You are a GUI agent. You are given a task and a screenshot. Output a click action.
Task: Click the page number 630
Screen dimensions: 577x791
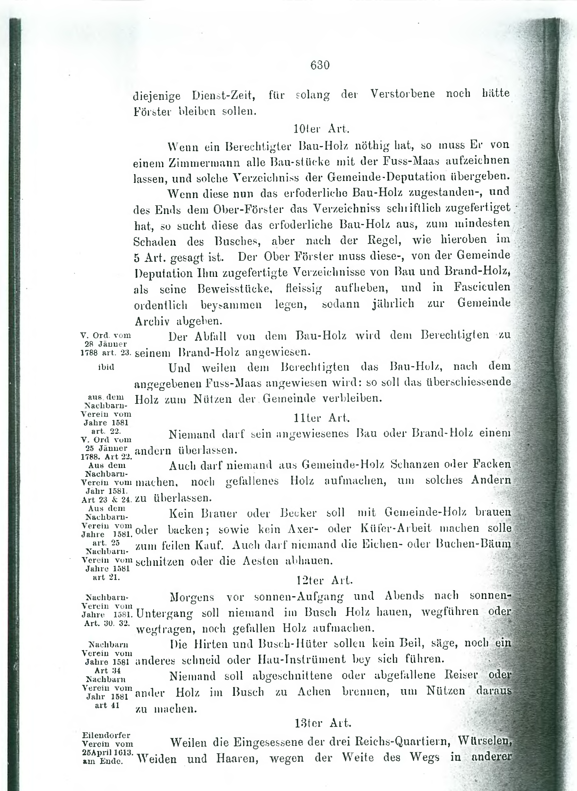320,65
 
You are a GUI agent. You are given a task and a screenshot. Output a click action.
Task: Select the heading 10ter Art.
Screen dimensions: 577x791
321,129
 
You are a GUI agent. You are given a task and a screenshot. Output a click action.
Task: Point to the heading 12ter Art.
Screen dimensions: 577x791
324,580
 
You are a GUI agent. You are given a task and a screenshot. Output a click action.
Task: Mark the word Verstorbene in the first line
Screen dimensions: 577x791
402,94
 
